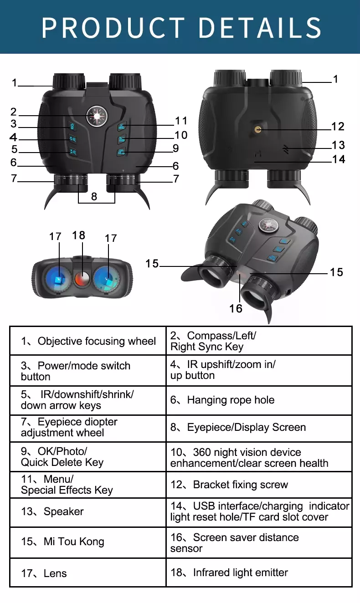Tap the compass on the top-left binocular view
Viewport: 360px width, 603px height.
(97, 115)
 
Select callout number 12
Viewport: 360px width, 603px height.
(338, 127)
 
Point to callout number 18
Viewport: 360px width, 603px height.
(78, 235)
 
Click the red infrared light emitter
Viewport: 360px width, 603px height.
(82, 278)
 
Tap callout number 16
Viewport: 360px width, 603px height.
(236, 308)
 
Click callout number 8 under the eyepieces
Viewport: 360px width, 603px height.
(94, 196)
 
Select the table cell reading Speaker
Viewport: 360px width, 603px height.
(88, 512)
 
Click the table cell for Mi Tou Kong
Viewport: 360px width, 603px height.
(88, 542)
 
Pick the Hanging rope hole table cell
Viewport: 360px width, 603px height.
(259, 400)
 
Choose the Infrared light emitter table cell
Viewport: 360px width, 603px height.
(259, 572)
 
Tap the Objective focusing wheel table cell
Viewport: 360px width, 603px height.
(88, 341)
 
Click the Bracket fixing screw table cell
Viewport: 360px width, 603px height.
(259, 485)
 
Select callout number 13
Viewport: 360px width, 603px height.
(338, 145)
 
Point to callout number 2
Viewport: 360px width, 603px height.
(14, 112)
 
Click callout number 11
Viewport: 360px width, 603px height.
(181, 121)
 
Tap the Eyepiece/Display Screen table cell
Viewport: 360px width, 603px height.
(259, 428)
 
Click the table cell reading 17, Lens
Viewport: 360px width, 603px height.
(88, 573)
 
